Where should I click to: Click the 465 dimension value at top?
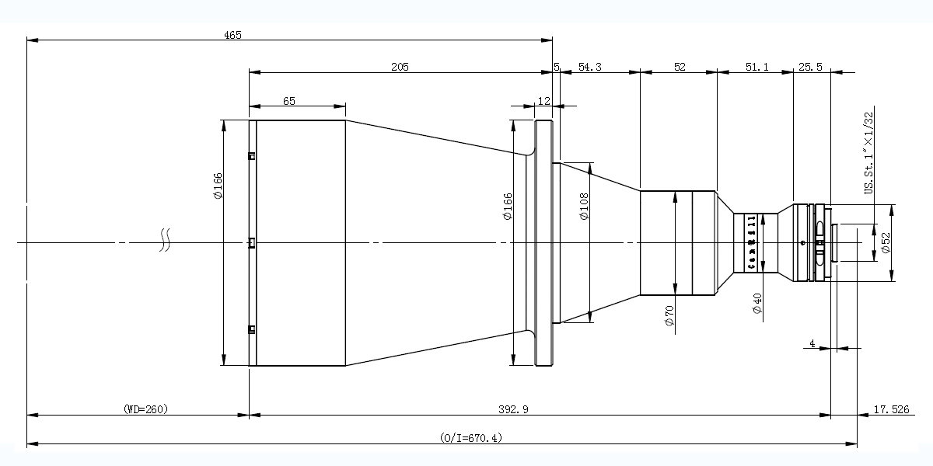pyautogui.click(x=232, y=34)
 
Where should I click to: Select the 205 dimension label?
pyautogui.click(x=400, y=68)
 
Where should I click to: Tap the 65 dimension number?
pyautogui.click(x=288, y=101)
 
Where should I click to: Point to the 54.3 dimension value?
pyautogui.click(x=589, y=68)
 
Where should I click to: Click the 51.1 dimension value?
pyautogui.click(x=757, y=68)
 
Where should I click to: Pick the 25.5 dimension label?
pyautogui.click(x=810, y=68)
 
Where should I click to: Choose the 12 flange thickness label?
pyautogui.click(x=543, y=101)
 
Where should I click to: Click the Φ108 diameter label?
pyautogui.click(x=584, y=206)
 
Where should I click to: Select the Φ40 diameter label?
pyautogui.click(x=757, y=303)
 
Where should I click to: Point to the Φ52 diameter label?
pyautogui.click(x=886, y=242)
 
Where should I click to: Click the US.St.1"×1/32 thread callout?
pyautogui.click(x=868, y=152)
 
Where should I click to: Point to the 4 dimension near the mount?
pyautogui.click(x=812, y=343)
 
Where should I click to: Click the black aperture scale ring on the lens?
pyautogui.click(x=751, y=242)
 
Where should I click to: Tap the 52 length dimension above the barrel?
pyautogui.click(x=680, y=68)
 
